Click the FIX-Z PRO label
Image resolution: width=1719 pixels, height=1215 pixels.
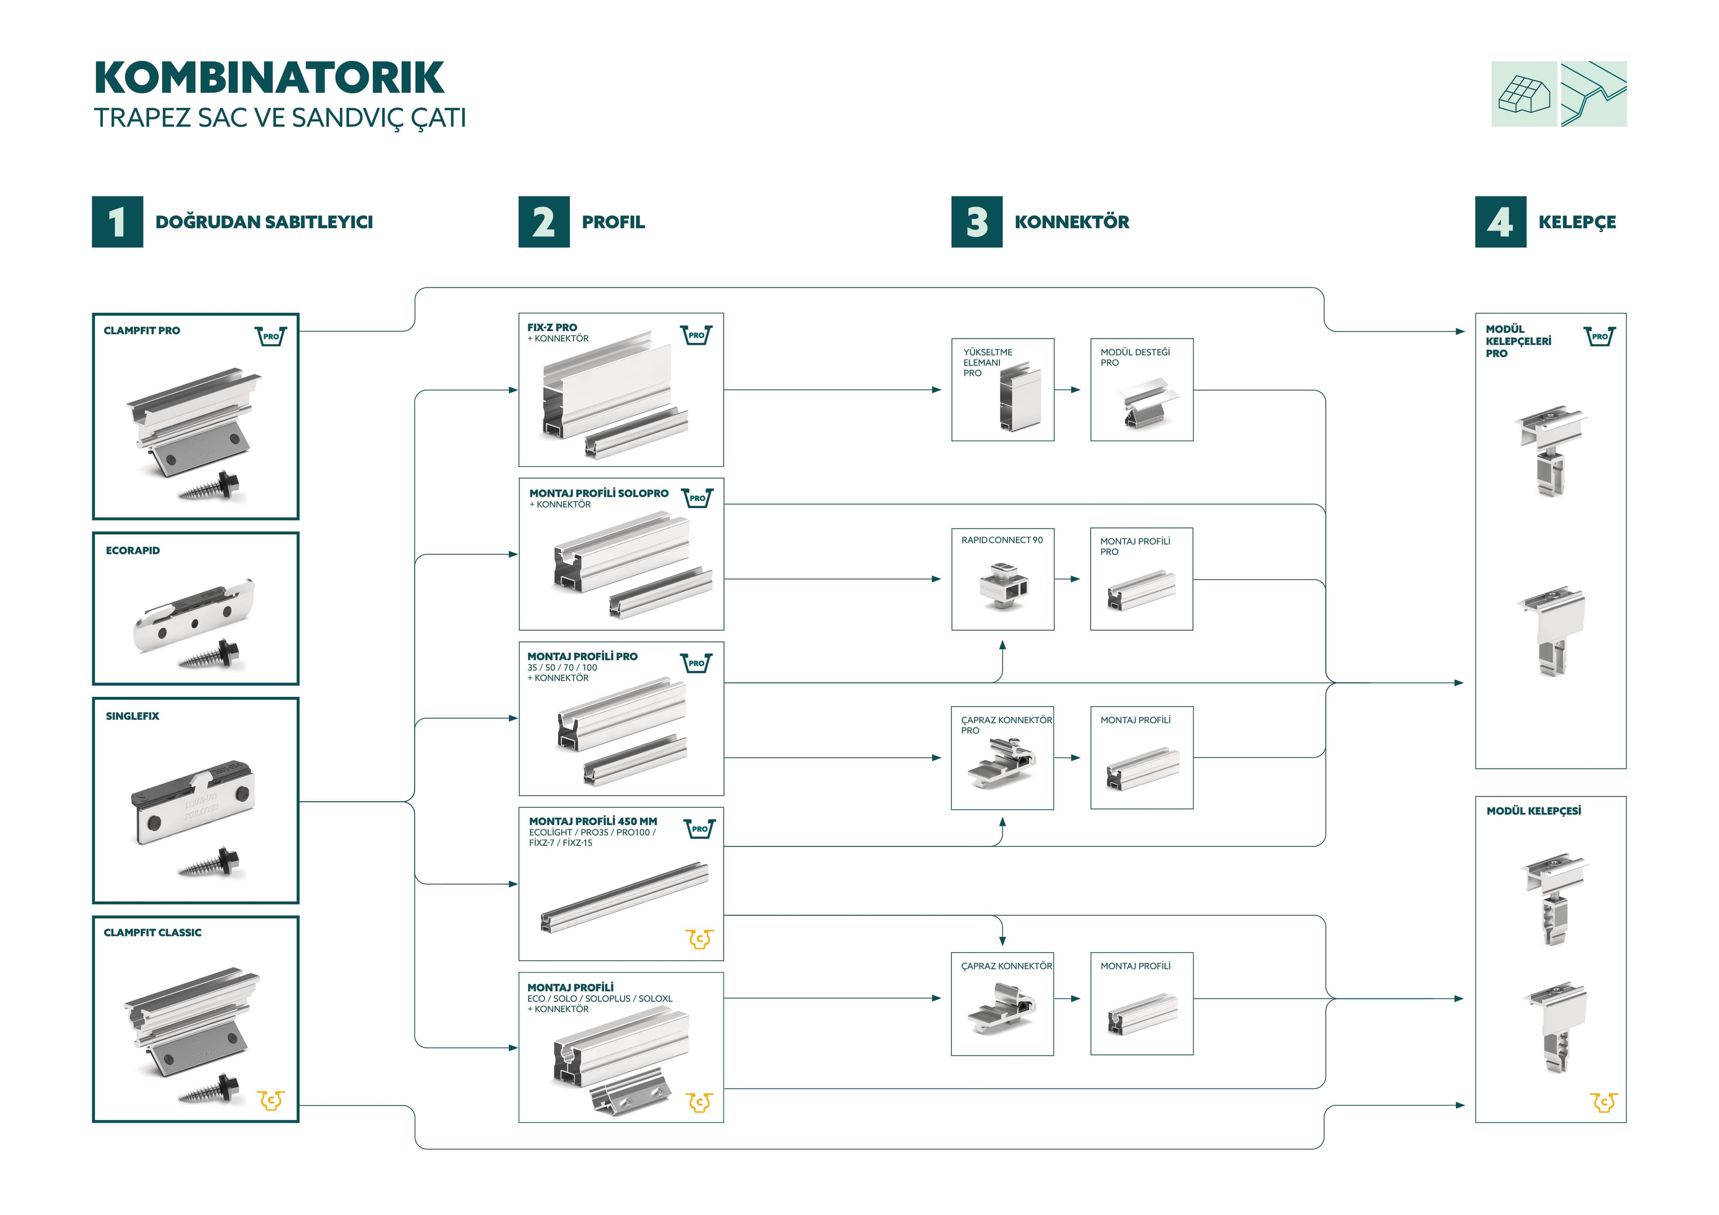click(x=552, y=327)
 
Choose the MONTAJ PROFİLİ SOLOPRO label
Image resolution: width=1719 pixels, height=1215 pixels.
click(x=598, y=493)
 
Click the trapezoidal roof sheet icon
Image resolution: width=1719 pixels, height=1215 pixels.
click(x=1593, y=94)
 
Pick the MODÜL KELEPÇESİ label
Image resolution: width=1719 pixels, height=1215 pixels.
click(x=1533, y=811)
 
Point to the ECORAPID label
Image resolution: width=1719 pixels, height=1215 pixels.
click(x=133, y=550)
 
